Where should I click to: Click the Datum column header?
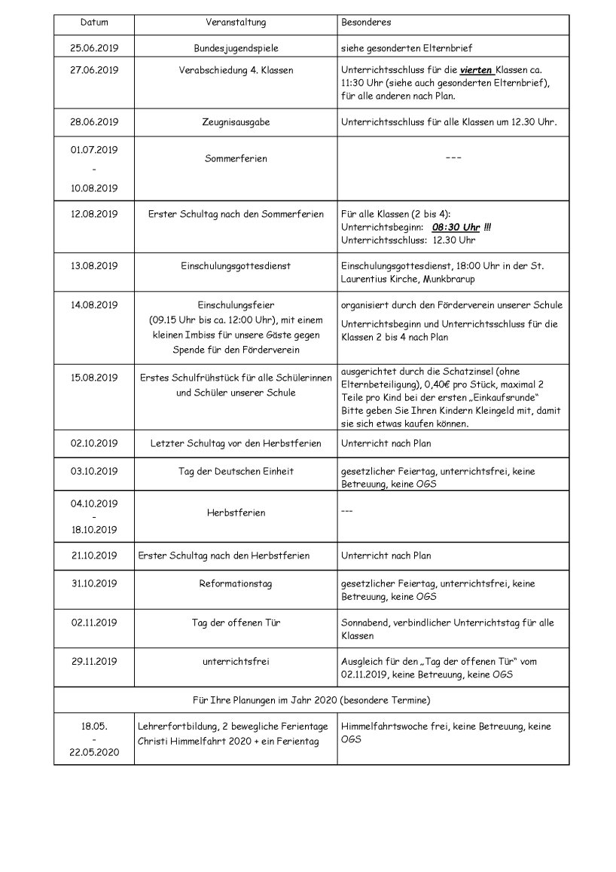tap(95, 23)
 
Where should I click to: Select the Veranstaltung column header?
tap(236, 23)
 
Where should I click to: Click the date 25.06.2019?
tap(95, 48)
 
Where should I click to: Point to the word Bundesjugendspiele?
tap(236, 48)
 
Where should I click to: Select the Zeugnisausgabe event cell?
tap(236, 121)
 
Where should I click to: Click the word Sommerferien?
tap(236, 159)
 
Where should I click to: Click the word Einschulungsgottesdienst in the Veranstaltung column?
tap(236, 265)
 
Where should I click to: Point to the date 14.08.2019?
tap(95, 305)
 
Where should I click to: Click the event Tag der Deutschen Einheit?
tap(236, 471)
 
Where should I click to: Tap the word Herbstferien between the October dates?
tap(236, 512)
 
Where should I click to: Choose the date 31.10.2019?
tap(95, 583)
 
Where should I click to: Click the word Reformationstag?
tap(236, 583)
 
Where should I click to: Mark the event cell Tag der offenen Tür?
tap(236, 623)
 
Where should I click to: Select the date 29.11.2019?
tap(95, 662)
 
